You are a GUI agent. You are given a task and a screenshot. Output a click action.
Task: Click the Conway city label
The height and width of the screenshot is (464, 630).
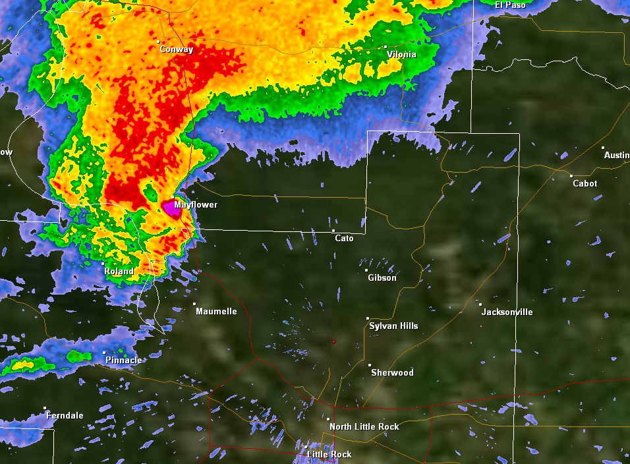177,49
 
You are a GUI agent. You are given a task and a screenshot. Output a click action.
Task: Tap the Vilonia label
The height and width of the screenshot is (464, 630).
401,55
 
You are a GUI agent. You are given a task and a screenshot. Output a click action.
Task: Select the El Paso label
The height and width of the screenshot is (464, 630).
511,5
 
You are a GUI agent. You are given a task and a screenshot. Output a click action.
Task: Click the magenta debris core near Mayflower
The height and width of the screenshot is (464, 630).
173,209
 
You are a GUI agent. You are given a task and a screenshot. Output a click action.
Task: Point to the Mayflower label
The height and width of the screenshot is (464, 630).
196,205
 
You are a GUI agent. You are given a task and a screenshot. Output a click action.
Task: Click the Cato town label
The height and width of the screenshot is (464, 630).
344,238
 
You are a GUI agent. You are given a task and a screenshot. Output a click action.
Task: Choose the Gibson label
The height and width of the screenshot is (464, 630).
382,277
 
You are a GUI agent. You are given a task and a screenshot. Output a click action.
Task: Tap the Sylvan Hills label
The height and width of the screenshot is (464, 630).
393,326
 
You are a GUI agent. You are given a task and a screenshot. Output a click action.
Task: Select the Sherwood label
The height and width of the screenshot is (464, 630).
392,372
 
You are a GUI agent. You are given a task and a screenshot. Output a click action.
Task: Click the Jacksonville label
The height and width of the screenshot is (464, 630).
507,312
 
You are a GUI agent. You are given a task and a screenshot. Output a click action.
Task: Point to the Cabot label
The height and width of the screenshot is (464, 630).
585,183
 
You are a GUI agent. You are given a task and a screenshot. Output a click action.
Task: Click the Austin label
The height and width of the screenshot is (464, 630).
617,155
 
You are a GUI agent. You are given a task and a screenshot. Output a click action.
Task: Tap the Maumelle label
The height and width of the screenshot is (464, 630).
216,311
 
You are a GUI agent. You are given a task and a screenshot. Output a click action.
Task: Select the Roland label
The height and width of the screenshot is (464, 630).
119,271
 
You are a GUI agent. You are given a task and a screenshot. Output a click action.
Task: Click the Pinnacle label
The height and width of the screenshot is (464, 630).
123,360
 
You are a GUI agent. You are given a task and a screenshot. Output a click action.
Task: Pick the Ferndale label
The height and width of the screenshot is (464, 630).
65,415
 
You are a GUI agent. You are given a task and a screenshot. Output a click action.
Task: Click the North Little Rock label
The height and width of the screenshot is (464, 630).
364,426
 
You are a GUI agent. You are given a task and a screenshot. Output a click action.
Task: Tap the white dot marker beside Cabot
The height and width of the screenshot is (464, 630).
571,175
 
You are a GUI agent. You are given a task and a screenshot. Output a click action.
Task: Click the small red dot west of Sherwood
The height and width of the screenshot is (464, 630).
333,341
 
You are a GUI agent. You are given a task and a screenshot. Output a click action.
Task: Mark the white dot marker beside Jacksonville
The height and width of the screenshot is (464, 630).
480,304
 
